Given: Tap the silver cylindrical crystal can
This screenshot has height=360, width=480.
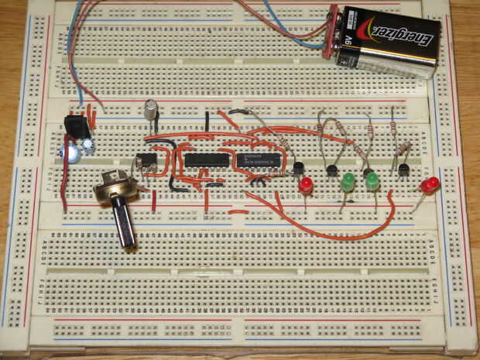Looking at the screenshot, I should click(x=150, y=108).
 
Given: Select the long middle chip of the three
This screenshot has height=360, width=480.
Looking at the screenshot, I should click(x=205, y=160).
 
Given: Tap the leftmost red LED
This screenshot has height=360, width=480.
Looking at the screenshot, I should click(x=306, y=185).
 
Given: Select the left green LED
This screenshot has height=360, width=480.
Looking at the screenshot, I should click(x=347, y=183).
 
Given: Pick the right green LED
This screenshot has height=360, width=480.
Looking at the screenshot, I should click(x=372, y=182).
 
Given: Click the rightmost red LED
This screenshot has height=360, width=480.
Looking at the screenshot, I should click(x=430, y=185).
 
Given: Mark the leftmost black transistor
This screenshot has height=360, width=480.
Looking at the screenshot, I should click(x=298, y=168).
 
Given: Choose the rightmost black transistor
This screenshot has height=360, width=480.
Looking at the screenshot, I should click(x=403, y=169).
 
